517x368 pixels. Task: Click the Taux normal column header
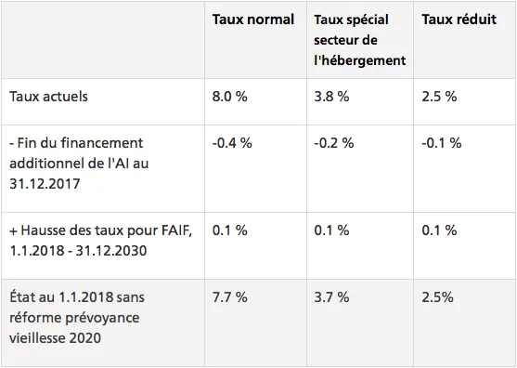pos(252,20)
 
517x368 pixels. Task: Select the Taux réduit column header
pos(459,20)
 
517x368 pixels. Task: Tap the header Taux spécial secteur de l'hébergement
pos(360,40)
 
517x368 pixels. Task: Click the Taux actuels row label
pos(48,97)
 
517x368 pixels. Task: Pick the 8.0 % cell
pos(230,97)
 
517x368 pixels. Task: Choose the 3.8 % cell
pos(331,97)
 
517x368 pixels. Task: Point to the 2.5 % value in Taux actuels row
pos(439,97)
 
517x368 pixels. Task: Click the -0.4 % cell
pos(232,143)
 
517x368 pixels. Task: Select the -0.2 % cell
pos(333,143)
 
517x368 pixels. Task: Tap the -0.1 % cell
pos(442,143)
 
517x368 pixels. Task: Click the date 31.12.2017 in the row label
pos(45,184)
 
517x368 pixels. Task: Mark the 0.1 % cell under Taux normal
pos(230,230)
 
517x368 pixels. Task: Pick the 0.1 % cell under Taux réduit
pos(439,230)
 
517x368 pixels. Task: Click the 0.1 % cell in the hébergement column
pos(331,230)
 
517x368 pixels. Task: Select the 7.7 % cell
pos(230,297)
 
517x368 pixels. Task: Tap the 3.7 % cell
pos(331,297)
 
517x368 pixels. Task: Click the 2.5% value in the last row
pos(437,297)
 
